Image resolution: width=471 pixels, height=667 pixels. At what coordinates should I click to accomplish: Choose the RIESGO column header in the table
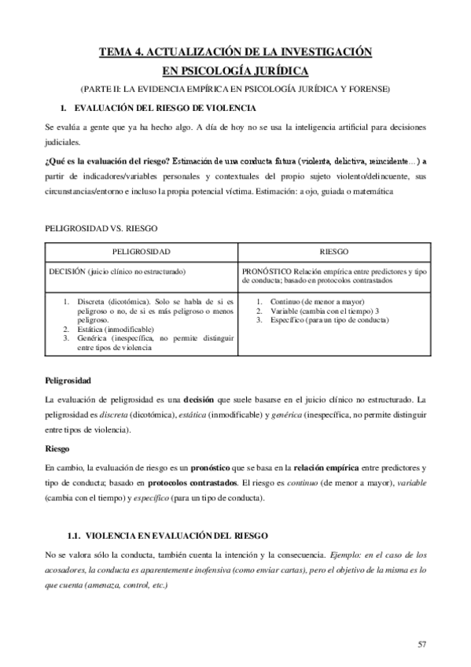click(334, 252)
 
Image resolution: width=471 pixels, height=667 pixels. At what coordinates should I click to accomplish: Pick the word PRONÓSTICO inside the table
click(267, 271)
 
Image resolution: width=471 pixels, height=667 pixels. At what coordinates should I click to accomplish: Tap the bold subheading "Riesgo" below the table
click(57, 450)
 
